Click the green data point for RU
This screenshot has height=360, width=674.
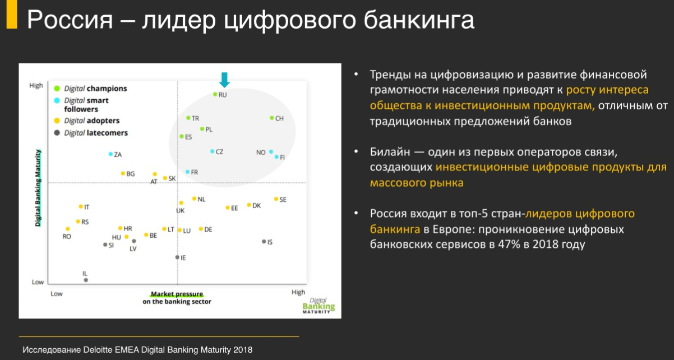click(215, 94)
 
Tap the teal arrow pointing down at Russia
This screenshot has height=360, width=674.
click(224, 80)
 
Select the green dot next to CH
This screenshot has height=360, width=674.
click(272, 118)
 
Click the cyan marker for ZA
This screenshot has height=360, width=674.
click(110, 154)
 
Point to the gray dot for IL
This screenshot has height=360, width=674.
click(86, 280)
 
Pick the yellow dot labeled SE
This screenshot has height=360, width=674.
click(276, 199)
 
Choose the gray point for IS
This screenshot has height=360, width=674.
click(264, 242)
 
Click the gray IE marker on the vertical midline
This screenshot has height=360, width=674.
click(177, 257)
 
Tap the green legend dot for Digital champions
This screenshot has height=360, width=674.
click(57, 89)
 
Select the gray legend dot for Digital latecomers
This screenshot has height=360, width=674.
click(57, 133)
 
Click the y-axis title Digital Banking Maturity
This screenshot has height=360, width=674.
click(38, 188)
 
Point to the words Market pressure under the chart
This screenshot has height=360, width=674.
click(177, 294)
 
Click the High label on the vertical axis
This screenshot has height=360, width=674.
click(36, 85)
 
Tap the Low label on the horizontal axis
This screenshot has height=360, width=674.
click(57, 294)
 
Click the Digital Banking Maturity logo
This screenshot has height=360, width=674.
click(318, 306)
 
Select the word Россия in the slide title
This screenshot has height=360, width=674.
click(70, 20)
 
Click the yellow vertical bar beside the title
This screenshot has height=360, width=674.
click(12, 14)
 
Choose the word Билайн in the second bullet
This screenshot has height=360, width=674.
click(390, 152)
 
